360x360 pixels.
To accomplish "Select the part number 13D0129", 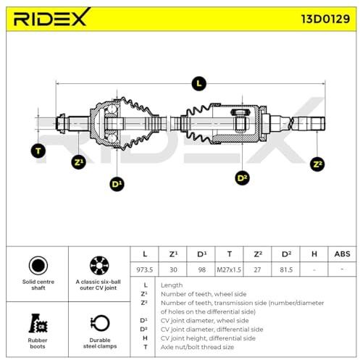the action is (325, 19).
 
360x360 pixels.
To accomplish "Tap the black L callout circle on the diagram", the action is (198, 84).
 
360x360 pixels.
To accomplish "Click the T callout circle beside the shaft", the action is (38, 151).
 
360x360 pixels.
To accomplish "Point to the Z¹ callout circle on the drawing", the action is (79, 162).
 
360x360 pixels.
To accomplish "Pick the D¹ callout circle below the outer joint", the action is (117, 184).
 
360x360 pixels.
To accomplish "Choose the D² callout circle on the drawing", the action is (242, 178).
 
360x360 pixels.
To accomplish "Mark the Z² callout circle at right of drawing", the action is (317, 164).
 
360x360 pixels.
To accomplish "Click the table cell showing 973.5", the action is (144, 269).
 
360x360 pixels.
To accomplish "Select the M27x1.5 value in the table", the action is (229, 269).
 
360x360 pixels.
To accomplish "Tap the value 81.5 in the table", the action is (286, 269).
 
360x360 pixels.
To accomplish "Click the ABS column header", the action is (342, 254).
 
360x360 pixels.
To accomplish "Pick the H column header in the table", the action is (314, 254).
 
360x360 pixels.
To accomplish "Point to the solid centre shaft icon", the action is (38, 265).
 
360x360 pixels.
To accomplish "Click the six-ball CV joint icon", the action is (99, 265).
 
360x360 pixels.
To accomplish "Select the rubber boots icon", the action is (38, 323).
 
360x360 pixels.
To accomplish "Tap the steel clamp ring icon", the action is (100, 323).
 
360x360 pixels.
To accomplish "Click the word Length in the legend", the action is (172, 285).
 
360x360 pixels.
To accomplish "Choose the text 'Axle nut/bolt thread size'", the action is (197, 347).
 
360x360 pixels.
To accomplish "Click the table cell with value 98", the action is (201, 269).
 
